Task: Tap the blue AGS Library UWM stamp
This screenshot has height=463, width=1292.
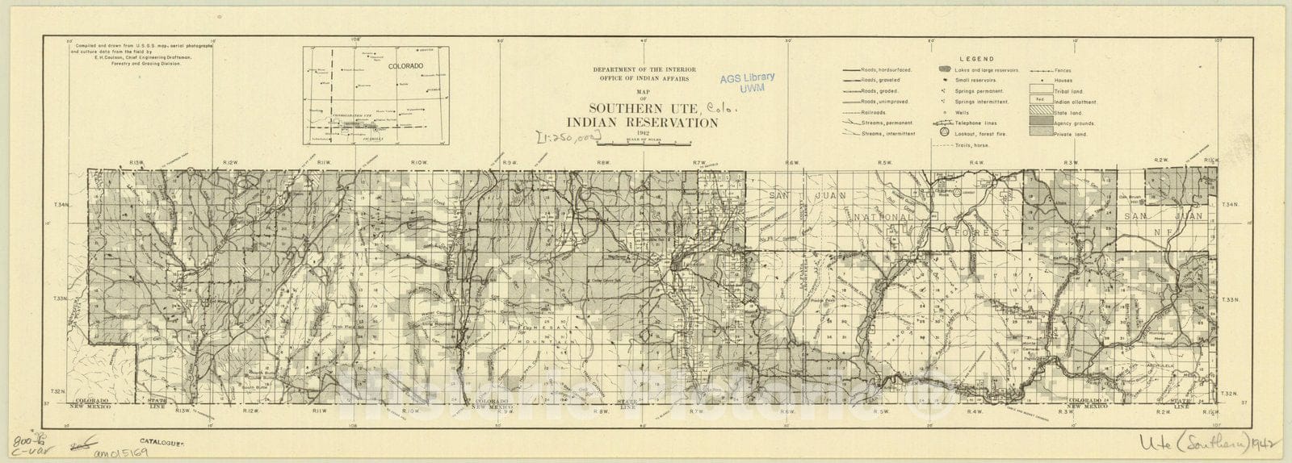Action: pos(745,81)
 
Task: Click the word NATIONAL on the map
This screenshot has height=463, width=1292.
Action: pos(882,218)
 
